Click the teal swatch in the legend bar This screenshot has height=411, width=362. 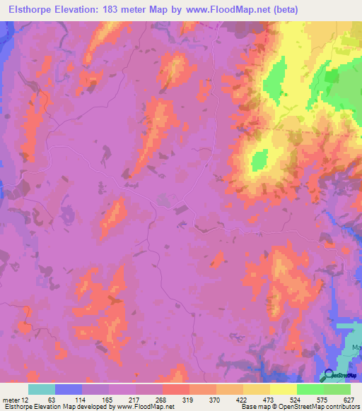pyautogui.click(x=42, y=389)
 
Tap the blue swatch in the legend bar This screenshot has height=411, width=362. pyautogui.click(x=69, y=389)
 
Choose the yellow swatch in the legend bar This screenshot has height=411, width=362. pyautogui.click(x=284, y=389)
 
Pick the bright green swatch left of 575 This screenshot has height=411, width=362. pyautogui.click(x=310, y=389)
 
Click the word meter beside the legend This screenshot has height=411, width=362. pyautogui.click(x=13, y=400)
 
